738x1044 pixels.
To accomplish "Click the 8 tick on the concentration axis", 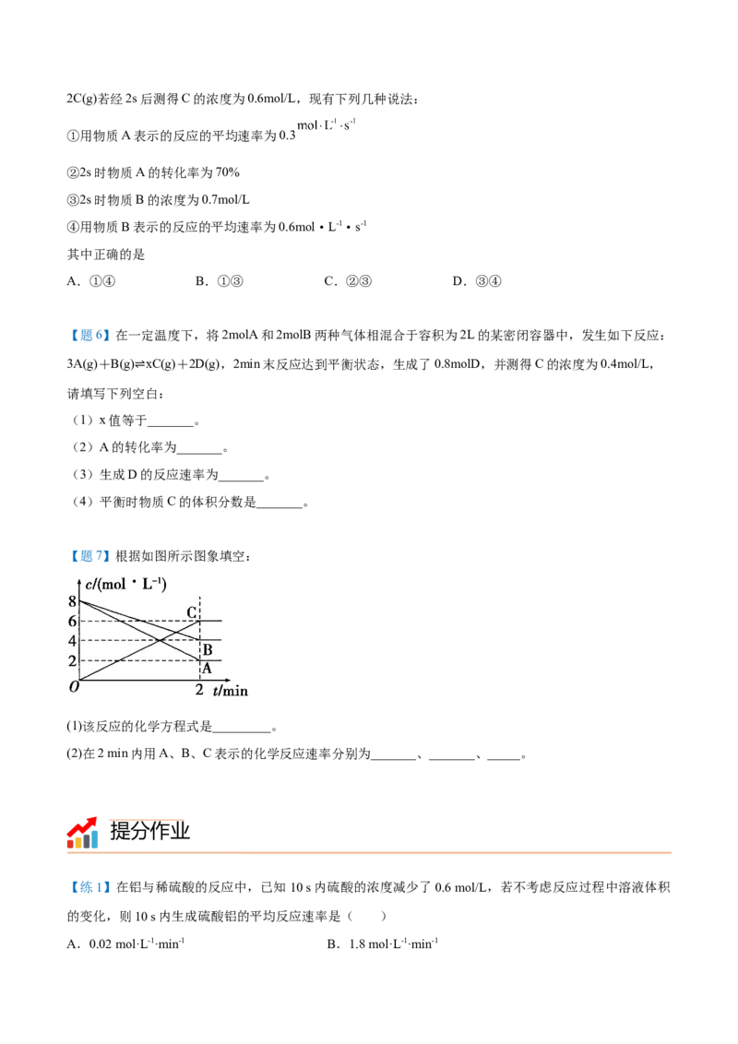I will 72,601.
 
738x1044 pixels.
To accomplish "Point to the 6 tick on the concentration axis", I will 72,621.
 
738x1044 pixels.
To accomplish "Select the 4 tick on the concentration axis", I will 72,641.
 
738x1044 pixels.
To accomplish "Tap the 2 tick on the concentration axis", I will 72,660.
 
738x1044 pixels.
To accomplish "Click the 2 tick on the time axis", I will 199,690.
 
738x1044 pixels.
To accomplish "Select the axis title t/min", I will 230,690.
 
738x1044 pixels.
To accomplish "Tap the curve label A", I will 207,668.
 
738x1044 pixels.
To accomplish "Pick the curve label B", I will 207,650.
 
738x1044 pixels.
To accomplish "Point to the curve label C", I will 191,612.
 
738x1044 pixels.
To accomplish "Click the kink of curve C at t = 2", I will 199,621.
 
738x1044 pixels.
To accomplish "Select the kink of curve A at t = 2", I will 199,660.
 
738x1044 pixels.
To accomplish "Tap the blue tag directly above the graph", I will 89,556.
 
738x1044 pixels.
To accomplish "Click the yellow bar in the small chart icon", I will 77,841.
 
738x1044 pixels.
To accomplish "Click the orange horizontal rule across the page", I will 373,852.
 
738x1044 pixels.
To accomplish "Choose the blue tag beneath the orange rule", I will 89,888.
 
